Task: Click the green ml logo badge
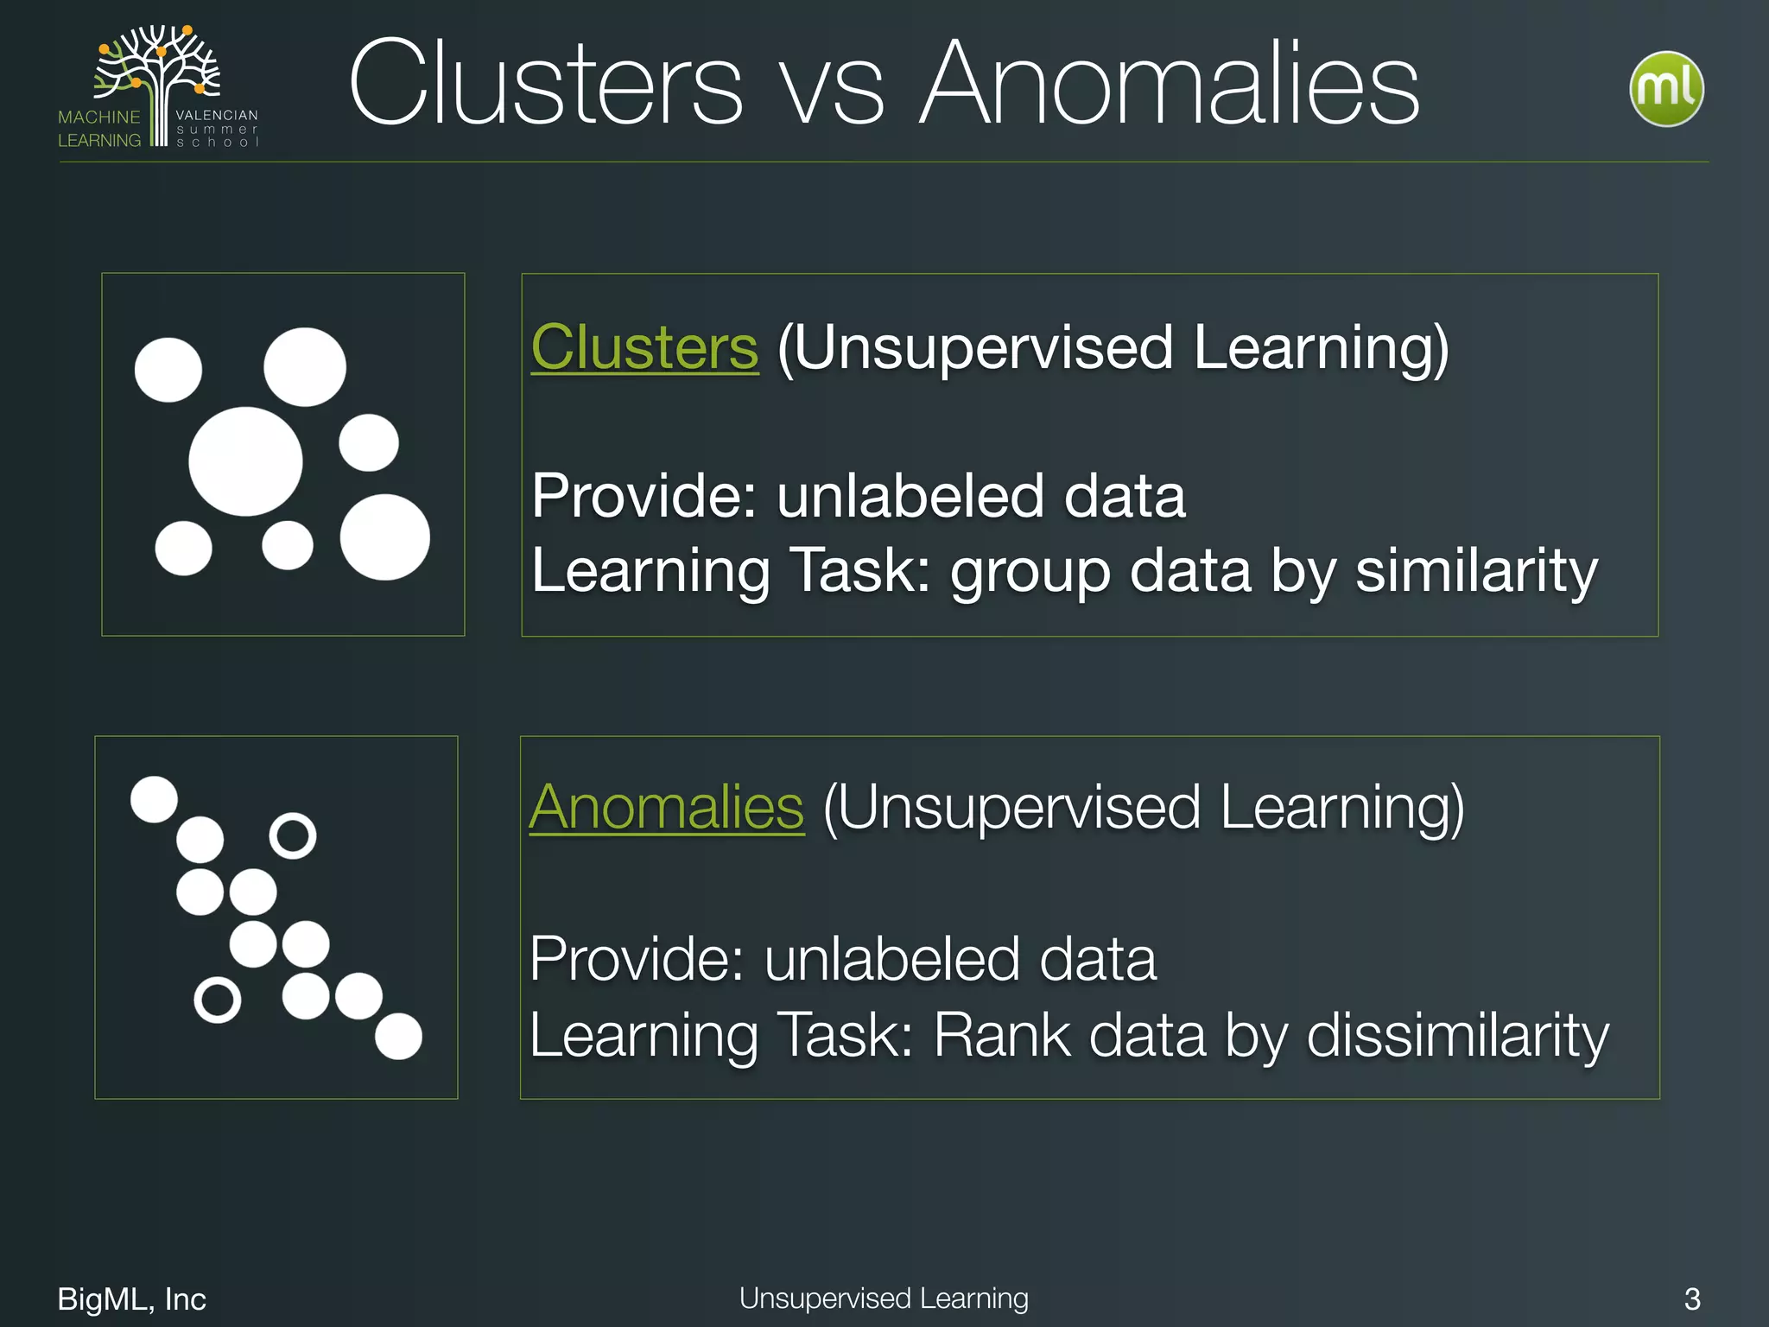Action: tap(1666, 89)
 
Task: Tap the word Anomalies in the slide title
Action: tap(1170, 84)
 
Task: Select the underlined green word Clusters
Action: tap(644, 347)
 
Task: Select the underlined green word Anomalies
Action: tap(666, 808)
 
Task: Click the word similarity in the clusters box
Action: tap(1476, 571)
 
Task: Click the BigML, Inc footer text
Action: tap(131, 1298)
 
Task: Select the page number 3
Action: tap(1692, 1298)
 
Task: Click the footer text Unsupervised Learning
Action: tap(884, 1298)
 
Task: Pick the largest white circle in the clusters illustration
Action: tap(245, 461)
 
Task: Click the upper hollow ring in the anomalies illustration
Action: tap(293, 835)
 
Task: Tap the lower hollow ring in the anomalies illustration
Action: tap(217, 1000)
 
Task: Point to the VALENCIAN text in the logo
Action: tap(217, 115)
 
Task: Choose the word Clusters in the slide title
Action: tap(545, 84)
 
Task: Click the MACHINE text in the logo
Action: tap(98, 117)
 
